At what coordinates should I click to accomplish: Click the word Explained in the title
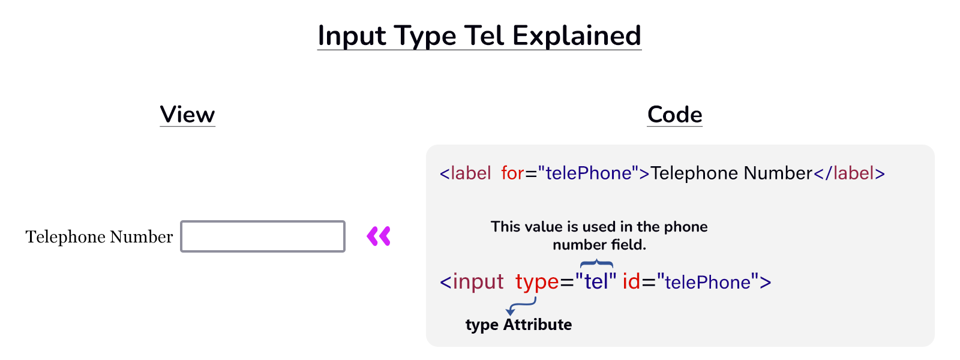(x=577, y=36)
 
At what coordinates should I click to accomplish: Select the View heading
(x=187, y=114)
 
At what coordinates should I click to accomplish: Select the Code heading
(x=674, y=114)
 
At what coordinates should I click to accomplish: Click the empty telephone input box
(x=263, y=236)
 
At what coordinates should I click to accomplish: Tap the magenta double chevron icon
(x=379, y=236)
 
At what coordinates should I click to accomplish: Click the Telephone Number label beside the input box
(x=99, y=237)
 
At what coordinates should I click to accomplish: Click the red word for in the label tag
(x=512, y=173)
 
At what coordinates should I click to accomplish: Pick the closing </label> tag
(x=849, y=173)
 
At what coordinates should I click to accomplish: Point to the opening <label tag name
(x=466, y=173)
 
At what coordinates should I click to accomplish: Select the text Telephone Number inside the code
(x=731, y=173)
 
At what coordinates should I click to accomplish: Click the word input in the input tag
(x=478, y=281)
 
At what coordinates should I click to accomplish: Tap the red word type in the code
(x=537, y=281)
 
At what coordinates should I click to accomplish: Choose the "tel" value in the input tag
(x=596, y=281)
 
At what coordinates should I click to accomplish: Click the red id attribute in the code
(x=631, y=281)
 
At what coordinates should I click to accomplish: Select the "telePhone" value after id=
(x=707, y=282)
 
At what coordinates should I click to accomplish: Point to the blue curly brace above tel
(x=596, y=264)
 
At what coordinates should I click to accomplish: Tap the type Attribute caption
(x=518, y=325)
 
